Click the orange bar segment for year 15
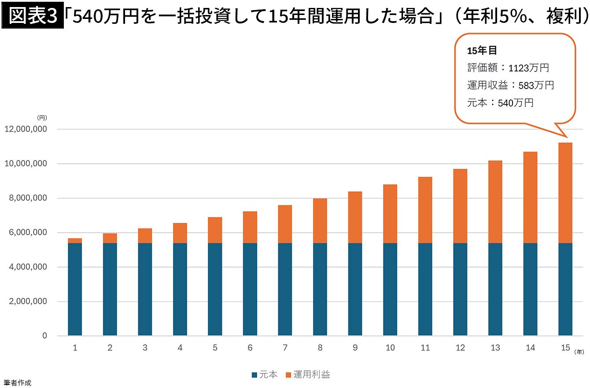click(565, 193)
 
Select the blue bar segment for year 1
click(75, 289)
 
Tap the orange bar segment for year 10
click(390, 214)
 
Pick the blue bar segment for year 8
click(320, 289)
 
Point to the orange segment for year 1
click(75, 241)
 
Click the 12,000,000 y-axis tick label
click(26, 129)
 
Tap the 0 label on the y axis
click(44, 336)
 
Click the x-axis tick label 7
click(285, 348)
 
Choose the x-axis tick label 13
click(495, 348)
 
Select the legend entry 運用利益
click(308, 375)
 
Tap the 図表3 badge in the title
click(33, 17)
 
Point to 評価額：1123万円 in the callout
click(508, 68)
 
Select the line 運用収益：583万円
click(510, 85)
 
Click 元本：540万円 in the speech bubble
click(500, 103)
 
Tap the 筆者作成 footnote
click(17, 383)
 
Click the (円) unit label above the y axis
click(42, 118)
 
